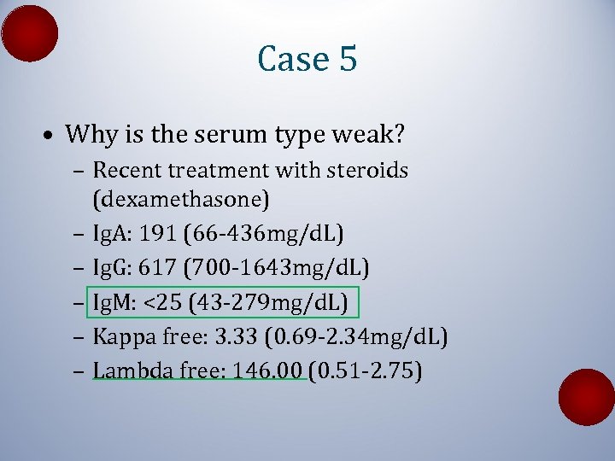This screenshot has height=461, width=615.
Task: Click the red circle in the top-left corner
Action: coord(30,32)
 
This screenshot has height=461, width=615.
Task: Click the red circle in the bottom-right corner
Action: coord(586,397)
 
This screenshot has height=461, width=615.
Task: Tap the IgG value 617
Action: coord(158,269)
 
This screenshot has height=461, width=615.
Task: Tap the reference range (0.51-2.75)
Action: coord(366,371)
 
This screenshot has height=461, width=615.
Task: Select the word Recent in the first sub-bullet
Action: coord(125,171)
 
